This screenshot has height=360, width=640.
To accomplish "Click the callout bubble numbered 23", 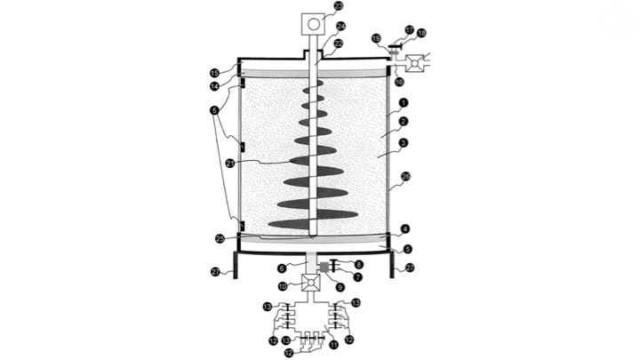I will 339,6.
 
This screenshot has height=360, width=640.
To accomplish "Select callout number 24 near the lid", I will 340,26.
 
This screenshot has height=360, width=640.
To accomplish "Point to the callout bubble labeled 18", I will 421,33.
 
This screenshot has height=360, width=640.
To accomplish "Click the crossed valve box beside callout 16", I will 414,64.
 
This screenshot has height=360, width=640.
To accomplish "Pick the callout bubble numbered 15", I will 214,73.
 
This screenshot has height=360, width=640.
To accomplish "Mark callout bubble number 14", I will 214,86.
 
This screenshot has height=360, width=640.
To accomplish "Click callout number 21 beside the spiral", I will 230,163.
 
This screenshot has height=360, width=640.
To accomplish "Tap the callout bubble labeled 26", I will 405,176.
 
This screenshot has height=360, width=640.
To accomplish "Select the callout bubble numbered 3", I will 404,142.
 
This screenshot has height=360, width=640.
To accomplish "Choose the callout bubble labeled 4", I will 405,228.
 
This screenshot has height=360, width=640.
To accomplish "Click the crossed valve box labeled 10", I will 312,284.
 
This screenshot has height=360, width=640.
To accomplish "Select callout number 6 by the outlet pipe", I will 281,268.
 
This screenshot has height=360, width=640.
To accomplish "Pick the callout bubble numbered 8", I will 358,263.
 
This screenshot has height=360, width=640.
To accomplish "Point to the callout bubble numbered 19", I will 376,38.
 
